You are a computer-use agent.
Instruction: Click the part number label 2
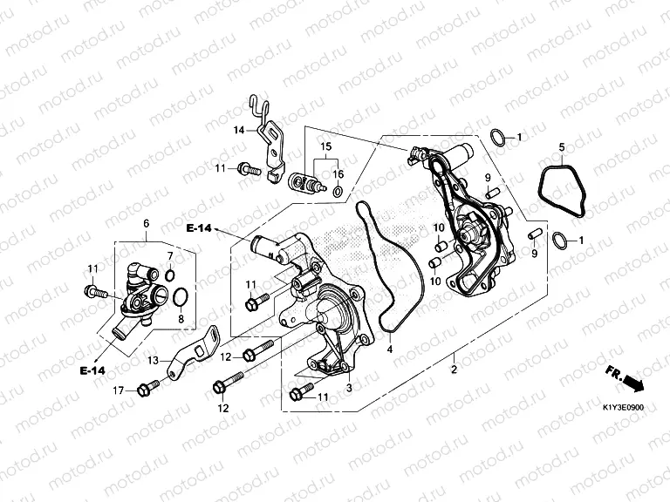click(x=454, y=370)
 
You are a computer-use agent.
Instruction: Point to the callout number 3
click(x=350, y=388)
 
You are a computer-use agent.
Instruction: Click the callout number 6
click(x=146, y=225)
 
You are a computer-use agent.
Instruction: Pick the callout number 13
click(x=153, y=359)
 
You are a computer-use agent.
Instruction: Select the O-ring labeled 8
click(x=181, y=300)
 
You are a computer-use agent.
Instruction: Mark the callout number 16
click(x=338, y=174)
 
